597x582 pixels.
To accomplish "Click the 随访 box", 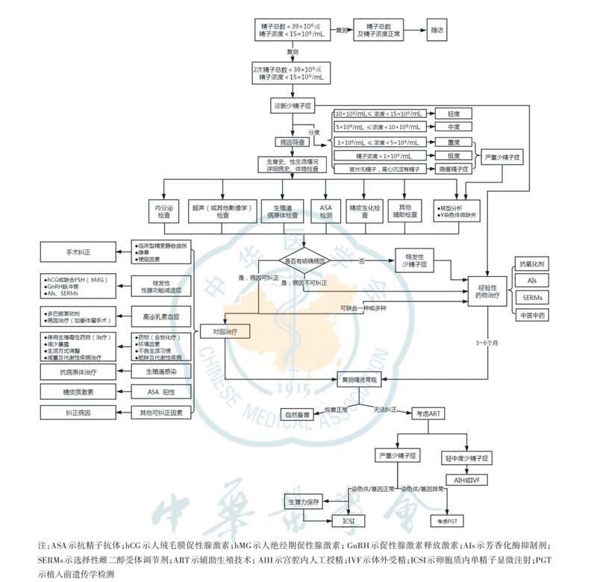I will (x=437, y=31).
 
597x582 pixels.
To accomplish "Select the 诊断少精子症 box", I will (x=293, y=107).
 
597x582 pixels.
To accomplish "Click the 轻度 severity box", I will (x=454, y=113).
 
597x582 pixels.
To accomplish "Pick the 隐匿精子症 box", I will (x=454, y=169).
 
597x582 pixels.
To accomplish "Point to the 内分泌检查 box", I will (x=162, y=210).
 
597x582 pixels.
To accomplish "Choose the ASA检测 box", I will (x=325, y=210).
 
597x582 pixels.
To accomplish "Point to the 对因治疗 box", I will (x=225, y=330).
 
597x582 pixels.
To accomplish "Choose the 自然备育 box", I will (x=296, y=414).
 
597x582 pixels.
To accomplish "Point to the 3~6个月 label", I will (x=489, y=342).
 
